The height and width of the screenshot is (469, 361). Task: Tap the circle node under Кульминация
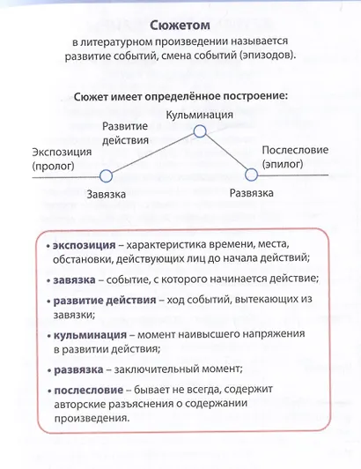[x=199, y=130]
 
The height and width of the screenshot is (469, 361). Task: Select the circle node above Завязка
[x=107, y=175]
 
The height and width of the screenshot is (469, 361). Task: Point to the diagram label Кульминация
[x=199, y=115]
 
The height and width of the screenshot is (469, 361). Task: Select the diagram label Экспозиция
[x=62, y=150]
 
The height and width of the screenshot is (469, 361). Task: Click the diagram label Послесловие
[x=294, y=150]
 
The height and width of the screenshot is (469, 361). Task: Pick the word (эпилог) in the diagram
[x=281, y=164]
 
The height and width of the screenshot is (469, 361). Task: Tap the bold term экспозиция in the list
[x=84, y=243]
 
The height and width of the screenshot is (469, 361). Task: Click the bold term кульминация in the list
[x=88, y=335]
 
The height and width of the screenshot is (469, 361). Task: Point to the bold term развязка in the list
[x=80, y=369]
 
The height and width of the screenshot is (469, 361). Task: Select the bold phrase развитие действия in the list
[x=103, y=300]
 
